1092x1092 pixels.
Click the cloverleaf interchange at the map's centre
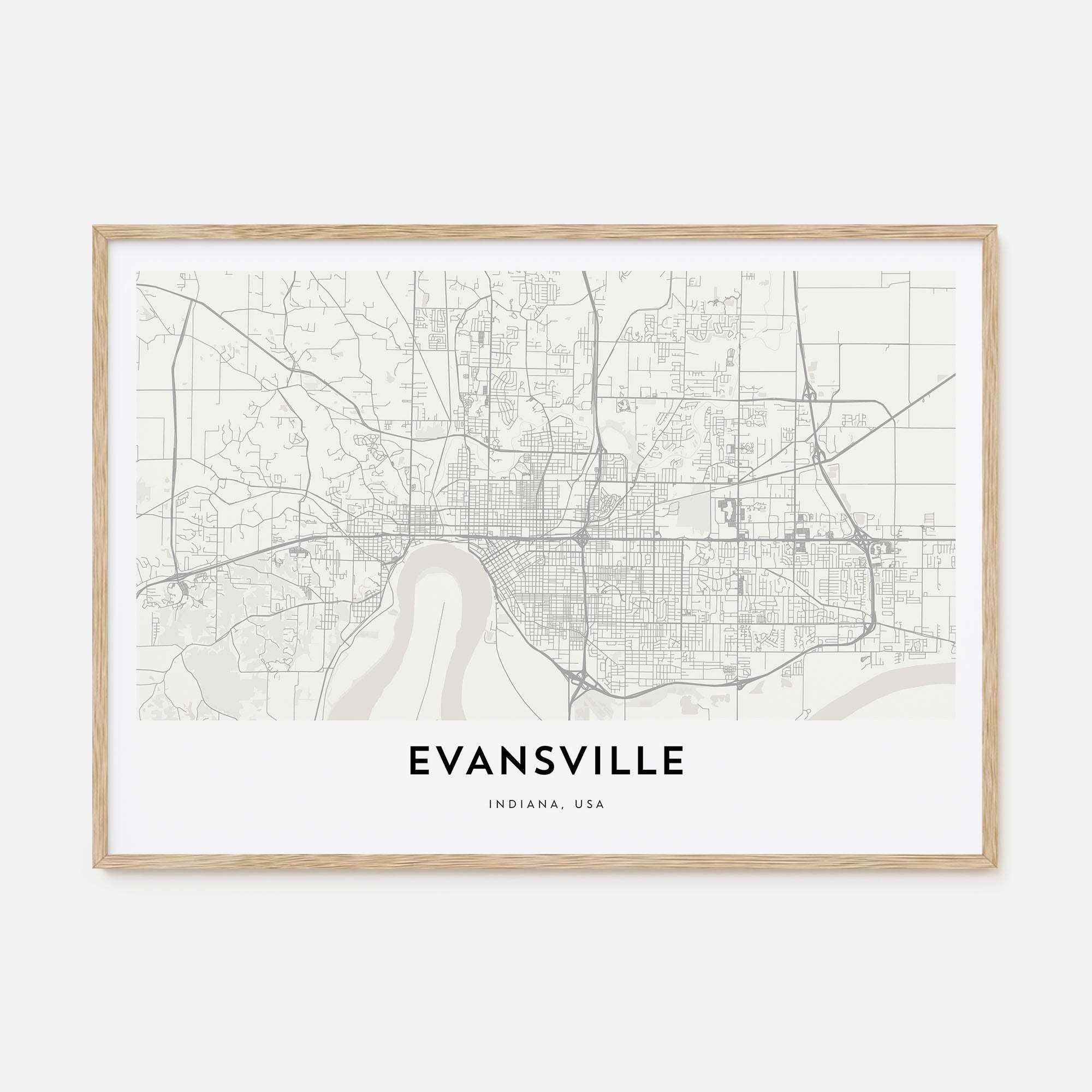click(x=583, y=537)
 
